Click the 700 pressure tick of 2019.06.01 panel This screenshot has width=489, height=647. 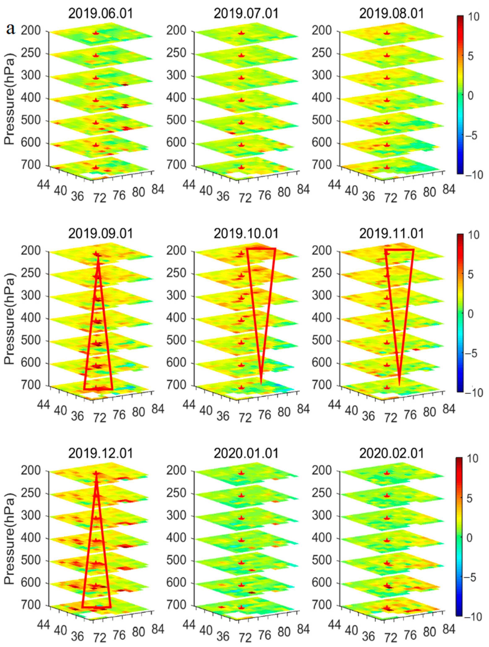point(30,165)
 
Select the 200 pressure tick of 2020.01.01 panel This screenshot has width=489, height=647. point(176,471)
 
